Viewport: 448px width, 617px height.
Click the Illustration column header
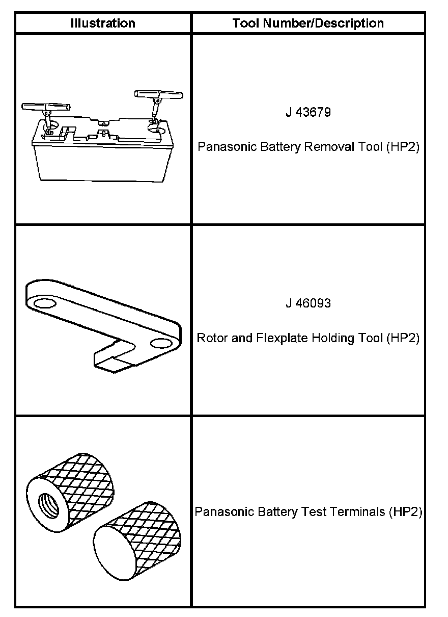click(x=103, y=23)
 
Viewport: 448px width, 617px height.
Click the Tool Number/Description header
click(x=308, y=23)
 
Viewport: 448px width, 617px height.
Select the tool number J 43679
click(x=308, y=112)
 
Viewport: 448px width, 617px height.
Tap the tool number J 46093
click(x=308, y=303)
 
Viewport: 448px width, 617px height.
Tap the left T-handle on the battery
click(x=45, y=107)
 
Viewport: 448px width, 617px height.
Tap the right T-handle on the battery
click(x=158, y=95)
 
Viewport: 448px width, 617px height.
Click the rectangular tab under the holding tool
click(x=115, y=357)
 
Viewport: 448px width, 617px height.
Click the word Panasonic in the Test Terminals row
click(x=220, y=511)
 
